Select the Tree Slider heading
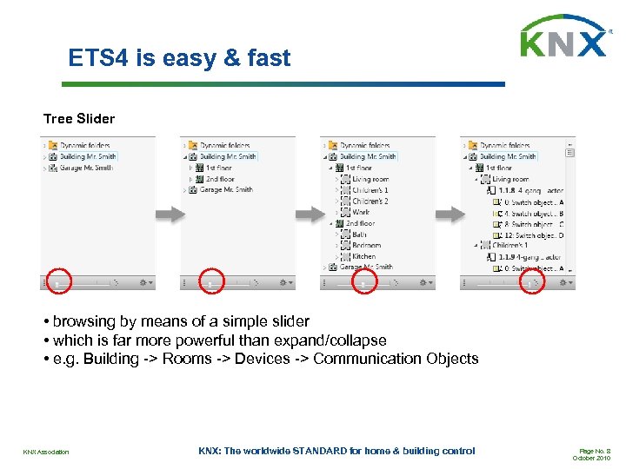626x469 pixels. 79,118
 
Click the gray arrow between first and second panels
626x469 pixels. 168,215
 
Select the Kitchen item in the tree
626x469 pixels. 364,256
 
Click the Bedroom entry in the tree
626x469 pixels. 368,245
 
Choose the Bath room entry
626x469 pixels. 360,234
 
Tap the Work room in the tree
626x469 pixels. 361,212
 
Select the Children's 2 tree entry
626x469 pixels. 370,201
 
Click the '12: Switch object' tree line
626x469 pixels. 533,234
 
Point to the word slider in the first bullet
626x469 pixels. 286,321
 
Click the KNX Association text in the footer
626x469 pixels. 46,452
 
